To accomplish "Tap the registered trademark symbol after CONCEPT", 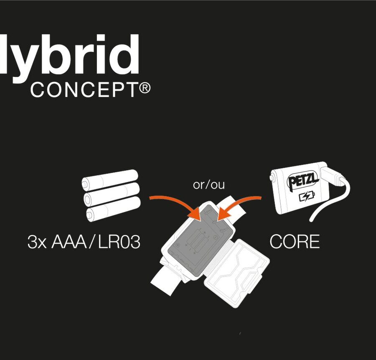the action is (145, 88).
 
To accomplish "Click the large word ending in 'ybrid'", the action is (69, 57).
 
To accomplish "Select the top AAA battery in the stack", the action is (110, 179).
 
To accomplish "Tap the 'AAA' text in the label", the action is (69, 242).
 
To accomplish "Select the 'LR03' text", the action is (119, 242).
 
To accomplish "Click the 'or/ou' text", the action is (209, 185).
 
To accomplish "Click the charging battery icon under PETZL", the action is (307, 197).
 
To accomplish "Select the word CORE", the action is (295, 242).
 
